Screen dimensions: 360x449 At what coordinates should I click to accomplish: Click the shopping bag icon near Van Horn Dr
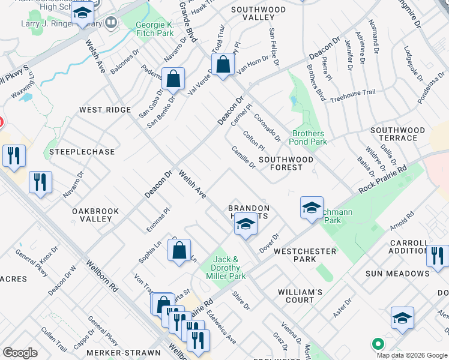pyautogui.click(x=223, y=65)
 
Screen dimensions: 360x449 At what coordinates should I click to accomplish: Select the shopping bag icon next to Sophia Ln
pyautogui.click(x=179, y=251)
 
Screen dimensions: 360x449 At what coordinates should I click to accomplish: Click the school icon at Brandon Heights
pyautogui.click(x=245, y=225)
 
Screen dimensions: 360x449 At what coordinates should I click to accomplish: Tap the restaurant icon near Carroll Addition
pyautogui.click(x=438, y=256)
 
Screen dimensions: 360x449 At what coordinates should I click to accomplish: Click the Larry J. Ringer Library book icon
pyautogui.click(x=110, y=23)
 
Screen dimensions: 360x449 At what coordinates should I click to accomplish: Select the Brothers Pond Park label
pyautogui.click(x=309, y=137)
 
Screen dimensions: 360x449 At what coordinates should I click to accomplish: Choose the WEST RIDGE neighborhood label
pyautogui.click(x=105, y=110)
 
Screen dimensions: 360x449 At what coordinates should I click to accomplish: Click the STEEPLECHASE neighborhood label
pyautogui.click(x=82, y=152)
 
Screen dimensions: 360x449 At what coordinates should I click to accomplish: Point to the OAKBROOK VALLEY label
pyautogui.click(x=95, y=215)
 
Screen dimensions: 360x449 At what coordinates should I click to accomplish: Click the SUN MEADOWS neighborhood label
pyautogui.click(x=398, y=274)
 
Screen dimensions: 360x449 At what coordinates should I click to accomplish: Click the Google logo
pyautogui.click(x=20, y=353)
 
